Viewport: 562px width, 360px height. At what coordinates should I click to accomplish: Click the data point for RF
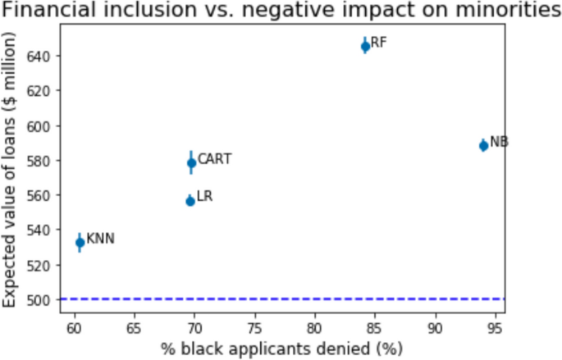(x=365, y=46)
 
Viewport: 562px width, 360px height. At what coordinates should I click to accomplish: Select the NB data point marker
(x=483, y=145)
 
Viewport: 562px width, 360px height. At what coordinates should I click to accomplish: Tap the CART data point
(x=191, y=162)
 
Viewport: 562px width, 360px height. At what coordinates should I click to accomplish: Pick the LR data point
(x=190, y=200)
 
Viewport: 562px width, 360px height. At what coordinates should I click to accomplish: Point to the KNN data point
(x=80, y=242)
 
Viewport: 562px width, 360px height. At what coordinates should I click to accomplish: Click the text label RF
(x=378, y=43)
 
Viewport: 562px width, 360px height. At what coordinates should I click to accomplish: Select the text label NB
(x=499, y=142)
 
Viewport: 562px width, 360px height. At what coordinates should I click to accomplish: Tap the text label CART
(x=215, y=159)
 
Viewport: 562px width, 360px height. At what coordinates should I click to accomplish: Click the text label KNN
(x=100, y=239)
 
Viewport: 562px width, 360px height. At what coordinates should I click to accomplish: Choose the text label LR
(x=205, y=197)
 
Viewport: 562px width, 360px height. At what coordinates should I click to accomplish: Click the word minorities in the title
(x=491, y=11)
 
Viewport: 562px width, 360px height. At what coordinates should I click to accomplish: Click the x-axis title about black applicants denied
(x=281, y=348)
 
